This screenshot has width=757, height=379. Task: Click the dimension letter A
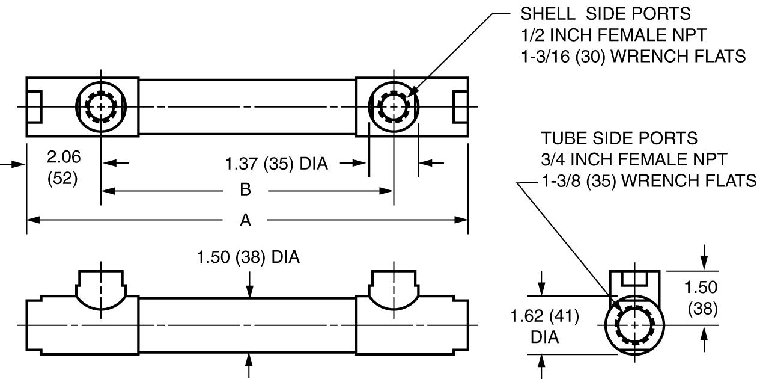[x=245, y=221]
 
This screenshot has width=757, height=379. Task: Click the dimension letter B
[x=245, y=191]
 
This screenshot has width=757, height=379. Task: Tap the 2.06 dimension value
[x=62, y=158]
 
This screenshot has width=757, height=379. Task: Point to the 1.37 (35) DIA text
[x=276, y=163]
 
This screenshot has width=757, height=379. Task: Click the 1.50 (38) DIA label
[x=248, y=257]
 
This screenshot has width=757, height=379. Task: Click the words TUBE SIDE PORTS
[x=619, y=138]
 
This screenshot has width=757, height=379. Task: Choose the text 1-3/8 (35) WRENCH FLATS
[x=648, y=181]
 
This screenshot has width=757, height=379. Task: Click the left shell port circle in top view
[x=101, y=107]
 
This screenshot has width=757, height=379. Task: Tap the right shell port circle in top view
[x=394, y=107]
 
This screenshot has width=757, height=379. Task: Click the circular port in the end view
[x=635, y=325]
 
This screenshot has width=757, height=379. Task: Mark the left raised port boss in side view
[x=101, y=289]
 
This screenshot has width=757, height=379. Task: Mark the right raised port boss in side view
[x=394, y=289]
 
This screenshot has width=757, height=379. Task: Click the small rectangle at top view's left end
[x=34, y=107]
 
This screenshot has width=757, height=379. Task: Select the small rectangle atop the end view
[x=635, y=278]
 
